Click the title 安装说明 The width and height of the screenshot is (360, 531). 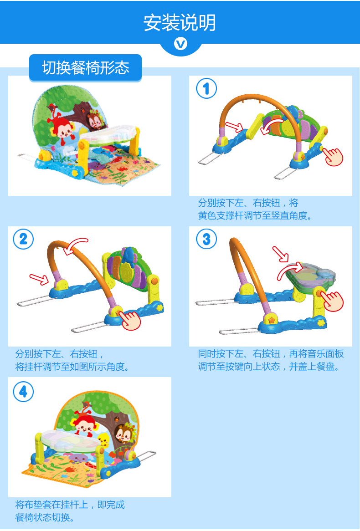pyautogui.click(x=180, y=23)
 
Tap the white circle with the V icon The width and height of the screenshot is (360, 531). pyautogui.click(x=180, y=44)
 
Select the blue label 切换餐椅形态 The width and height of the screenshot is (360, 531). pyautogui.click(x=85, y=67)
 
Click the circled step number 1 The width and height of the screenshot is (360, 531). pyautogui.click(x=206, y=88)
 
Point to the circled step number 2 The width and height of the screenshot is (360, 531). pyautogui.click(x=23, y=239)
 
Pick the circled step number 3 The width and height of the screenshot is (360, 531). pyautogui.click(x=206, y=239)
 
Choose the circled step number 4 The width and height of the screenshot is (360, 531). pyautogui.click(x=23, y=392)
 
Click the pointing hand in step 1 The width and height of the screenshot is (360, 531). pyautogui.click(x=333, y=156)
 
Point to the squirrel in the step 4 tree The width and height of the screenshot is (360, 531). pyautogui.click(x=123, y=434)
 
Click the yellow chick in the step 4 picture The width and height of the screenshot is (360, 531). pyautogui.click(x=104, y=440)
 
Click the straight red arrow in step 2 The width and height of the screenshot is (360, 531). pyautogui.click(x=39, y=279)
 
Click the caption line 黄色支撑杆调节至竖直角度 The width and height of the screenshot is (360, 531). pyautogui.click(x=255, y=215)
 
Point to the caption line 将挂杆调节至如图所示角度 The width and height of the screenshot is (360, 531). pyautogui.click(x=72, y=367)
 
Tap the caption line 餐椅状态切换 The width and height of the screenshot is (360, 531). pyautogui.click(x=45, y=517)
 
